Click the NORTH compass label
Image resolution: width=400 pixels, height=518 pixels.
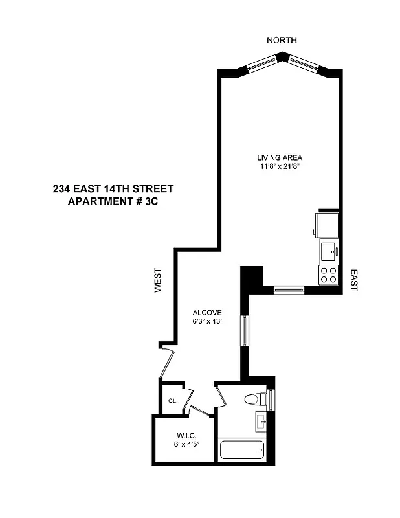[282, 40]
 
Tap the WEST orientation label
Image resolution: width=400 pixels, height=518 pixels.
[157, 282]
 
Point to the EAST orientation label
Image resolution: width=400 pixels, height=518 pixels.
[353, 280]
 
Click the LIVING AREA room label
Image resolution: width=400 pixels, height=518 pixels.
[280, 157]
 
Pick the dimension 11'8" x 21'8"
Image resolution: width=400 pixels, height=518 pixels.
[280, 167]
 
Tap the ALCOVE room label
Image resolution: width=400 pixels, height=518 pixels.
[207, 312]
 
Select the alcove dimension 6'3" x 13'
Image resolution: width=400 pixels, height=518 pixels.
[207, 322]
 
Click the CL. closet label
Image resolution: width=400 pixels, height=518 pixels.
[173, 401]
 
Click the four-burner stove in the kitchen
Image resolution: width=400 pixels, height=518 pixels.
[328, 275]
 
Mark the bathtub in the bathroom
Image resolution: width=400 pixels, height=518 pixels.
[242, 449]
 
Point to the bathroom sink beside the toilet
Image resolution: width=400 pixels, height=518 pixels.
[262, 422]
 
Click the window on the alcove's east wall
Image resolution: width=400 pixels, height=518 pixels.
[244, 330]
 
